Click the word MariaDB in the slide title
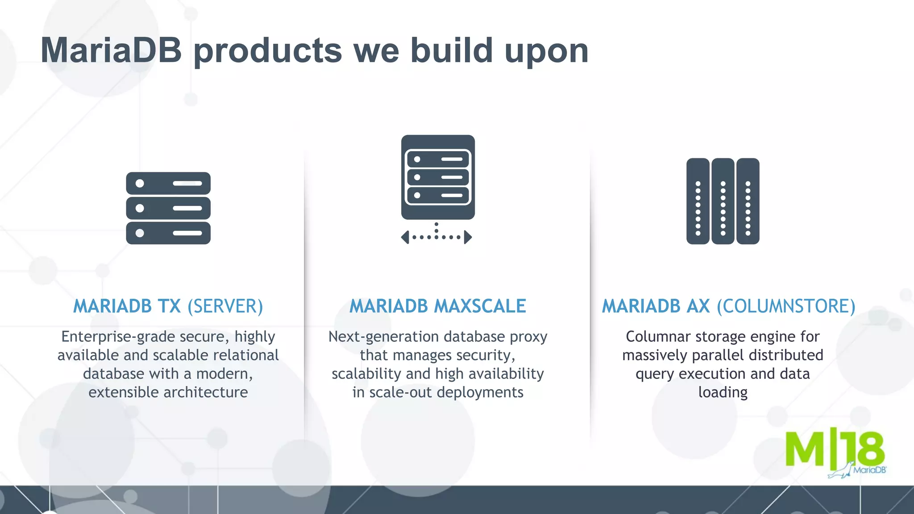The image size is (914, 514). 111,50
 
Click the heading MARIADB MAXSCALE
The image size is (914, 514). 437,306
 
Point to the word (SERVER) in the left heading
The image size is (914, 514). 225,307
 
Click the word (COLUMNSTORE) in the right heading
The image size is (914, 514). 786,307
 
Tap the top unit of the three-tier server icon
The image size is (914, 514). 168,183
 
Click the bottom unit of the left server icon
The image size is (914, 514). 168,233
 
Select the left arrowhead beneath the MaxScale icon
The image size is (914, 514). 405,237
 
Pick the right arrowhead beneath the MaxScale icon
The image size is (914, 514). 468,237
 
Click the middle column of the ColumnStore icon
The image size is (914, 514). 723,201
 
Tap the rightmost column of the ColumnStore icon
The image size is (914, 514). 748,201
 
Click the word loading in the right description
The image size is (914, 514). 723,393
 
